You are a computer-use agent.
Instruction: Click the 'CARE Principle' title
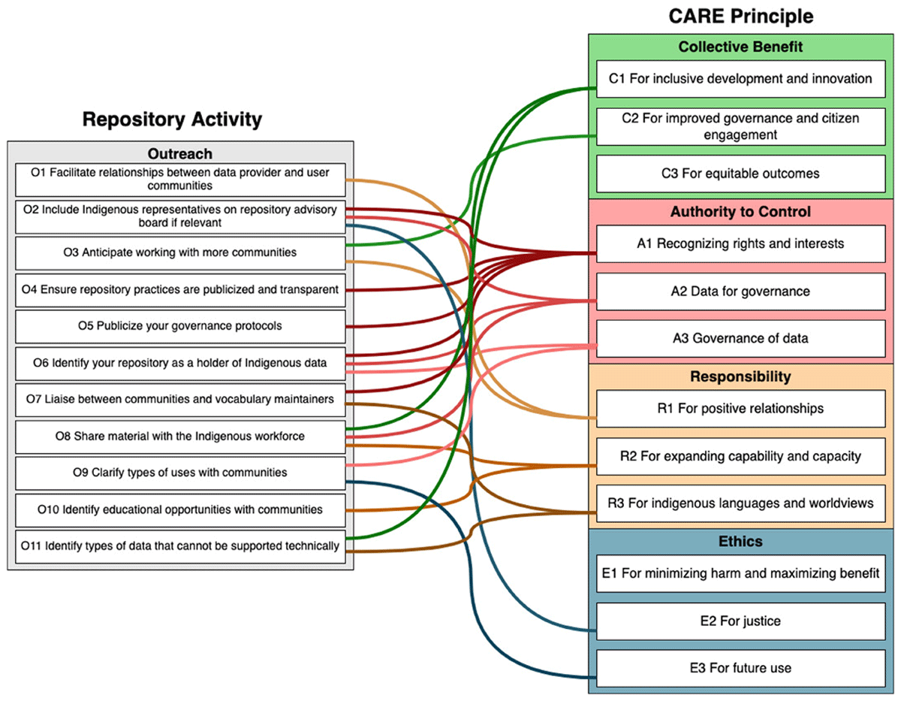(x=740, y=17)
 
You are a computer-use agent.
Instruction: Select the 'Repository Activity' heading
(x=172, y=119)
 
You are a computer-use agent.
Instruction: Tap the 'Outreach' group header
(x=180, y=153)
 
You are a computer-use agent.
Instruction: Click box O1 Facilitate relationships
(x=180, y=180)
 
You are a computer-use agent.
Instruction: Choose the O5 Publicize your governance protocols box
(x=180, y=326)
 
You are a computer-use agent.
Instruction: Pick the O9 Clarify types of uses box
(x=180, y=473)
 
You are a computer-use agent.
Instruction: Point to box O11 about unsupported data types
(x=180, y=546)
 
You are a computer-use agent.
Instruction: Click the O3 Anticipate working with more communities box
(x=180, y=253)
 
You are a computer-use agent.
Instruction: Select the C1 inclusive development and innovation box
(x=740, y=79)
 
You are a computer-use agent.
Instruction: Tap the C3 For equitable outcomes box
(x=740, y=174)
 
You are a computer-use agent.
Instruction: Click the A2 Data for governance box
(x=740, y=292)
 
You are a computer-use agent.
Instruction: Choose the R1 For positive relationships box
(x=740, y=409)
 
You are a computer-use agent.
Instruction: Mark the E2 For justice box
(x=740, y=621)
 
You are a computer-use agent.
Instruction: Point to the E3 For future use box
(x=740, y=668)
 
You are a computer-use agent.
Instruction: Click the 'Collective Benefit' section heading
(x=740, y=47)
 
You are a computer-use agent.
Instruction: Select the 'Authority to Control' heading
(x=740, y=212)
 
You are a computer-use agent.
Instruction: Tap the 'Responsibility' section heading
(x=740, y=376)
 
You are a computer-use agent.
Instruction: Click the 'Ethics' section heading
(x=740, y=541)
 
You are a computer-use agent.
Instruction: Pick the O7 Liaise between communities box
(x=180, y=400)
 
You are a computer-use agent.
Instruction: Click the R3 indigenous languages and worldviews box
(x=740, y=503)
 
